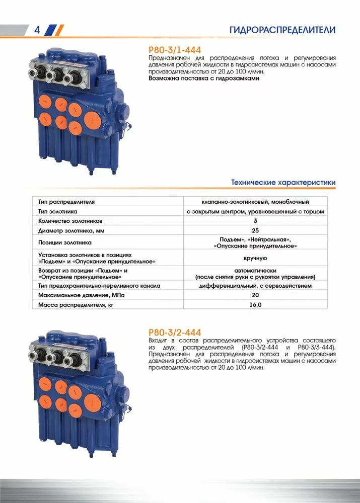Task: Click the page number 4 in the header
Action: click(x=36, y=30)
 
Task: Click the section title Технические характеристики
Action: click(x=283, y=182)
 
